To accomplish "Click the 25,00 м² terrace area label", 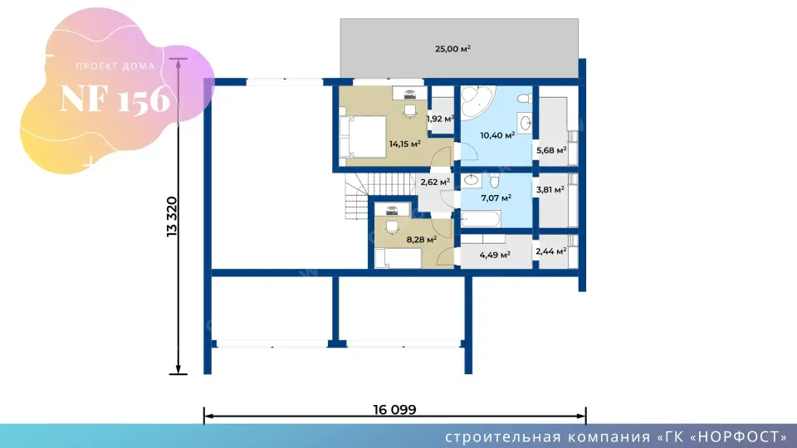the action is pos(452,49).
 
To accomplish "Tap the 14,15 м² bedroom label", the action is pos(404,144).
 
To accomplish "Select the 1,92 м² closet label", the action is pos(440,119).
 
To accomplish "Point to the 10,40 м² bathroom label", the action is pos(497,135).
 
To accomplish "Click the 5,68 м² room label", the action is pos(551,150).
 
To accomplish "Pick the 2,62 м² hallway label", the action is pos(435,182).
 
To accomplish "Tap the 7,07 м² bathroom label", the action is pos(496,197).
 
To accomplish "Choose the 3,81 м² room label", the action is pos(550,190).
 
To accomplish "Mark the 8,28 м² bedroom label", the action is pos(422,239).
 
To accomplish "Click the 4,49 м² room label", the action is pos(495,255).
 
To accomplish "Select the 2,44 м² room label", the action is pos(551,251).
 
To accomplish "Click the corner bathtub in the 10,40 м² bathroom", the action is pos(477,101).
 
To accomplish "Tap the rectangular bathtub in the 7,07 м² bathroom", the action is pos(481,219).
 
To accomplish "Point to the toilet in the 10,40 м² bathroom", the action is pos(525,99).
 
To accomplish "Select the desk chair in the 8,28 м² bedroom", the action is pos(391,228).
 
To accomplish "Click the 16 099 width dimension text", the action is pos(394,409).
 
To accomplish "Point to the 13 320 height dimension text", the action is pos(173,217).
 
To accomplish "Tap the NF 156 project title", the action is pos(115,99).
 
